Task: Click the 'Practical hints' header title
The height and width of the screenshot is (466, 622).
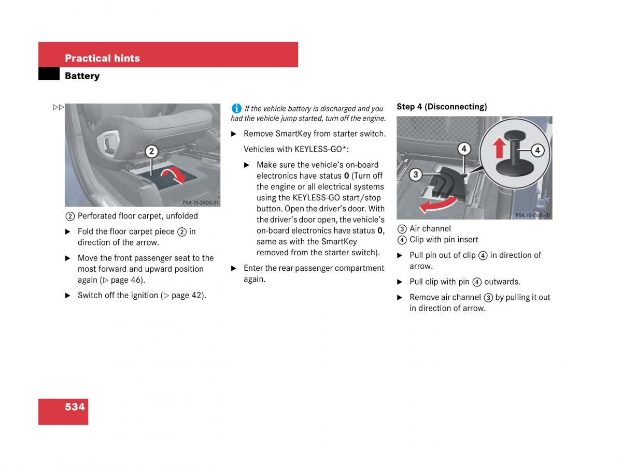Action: (x=102, y=58)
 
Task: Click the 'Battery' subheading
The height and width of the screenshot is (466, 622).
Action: (x=82, y=76)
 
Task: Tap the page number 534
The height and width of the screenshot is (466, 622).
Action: (x=75, y=407)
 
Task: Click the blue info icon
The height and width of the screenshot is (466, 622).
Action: (x=236, y=109)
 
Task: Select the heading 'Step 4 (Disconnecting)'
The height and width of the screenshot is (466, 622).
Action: (x=442, y=107)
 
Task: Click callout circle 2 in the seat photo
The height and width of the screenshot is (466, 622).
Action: (x=151, y=151)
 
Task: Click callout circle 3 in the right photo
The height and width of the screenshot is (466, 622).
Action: (x=415, y=174)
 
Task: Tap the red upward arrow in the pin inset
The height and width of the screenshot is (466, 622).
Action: (x=500, y=147)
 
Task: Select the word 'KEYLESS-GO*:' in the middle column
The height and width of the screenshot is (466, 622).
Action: (x=321, y=149)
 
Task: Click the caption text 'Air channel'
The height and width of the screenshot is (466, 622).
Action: (x=430, y=228)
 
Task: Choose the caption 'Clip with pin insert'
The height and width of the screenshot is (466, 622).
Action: (x=444, y=239)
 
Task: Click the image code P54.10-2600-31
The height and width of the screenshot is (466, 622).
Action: (x=200, y=202)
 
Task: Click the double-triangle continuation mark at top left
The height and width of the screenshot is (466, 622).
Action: (x=58, y=107)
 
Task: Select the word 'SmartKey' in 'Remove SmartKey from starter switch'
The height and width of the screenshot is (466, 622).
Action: (x=293, y=134)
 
